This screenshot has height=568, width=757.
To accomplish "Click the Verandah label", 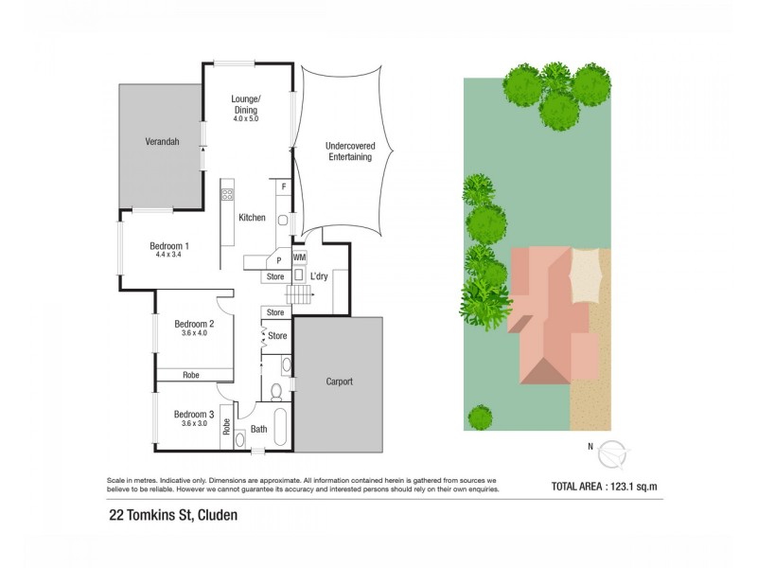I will click(162, 142).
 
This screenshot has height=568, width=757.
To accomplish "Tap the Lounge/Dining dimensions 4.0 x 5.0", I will click(245, 119).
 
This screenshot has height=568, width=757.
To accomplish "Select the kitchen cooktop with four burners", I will click(227, 195).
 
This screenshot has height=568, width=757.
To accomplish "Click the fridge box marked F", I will click(283, 187).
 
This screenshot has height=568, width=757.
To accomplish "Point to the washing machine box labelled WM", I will click(299, 257).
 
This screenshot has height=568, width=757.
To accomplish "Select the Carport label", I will click(339, 382).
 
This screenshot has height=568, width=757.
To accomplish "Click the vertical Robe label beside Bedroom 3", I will click(226, 427).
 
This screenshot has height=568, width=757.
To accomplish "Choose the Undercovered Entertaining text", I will click(347, 151).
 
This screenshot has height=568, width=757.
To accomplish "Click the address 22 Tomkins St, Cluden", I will click(171, 516).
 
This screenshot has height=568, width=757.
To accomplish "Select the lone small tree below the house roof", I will click(481, 417).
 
